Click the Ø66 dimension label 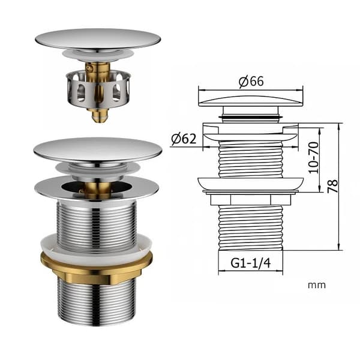coord(251,81)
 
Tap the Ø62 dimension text coord(184,139)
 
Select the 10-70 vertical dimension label coord(314,157)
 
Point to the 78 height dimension coord(332,186)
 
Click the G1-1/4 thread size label coord(250,263)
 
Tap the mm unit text coord(317,285)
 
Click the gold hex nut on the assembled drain coord(97,268)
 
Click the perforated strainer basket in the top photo coord(99,89)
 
